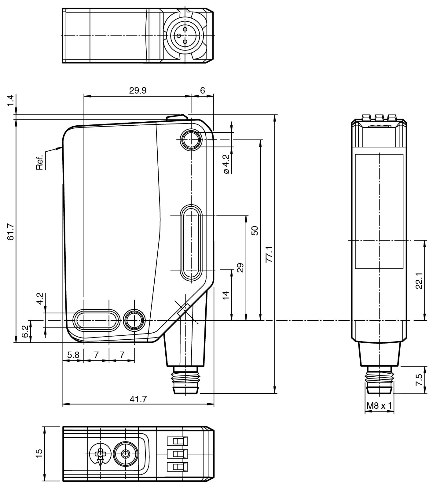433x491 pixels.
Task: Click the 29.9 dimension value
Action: [x=138, y=90]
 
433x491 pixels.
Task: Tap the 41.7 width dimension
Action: [x=138, y=399]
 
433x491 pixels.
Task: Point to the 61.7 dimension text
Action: [x=11, y=232]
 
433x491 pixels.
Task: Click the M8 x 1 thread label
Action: [x=379, y=406]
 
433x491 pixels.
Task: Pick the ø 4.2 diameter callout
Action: [x=226, y=164]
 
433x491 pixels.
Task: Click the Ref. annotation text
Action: [x=39, y=163]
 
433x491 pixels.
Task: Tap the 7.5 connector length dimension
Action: [x=419, y=380]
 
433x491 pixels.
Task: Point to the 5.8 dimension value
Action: [x=73, y=355]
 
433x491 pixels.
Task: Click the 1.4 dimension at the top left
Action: [x=11, y=101]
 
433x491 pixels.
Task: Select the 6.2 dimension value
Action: [x=26, y=331]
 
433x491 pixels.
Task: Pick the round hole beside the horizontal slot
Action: [x=134, y=320]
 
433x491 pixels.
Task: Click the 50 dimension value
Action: [x=255, y=230]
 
